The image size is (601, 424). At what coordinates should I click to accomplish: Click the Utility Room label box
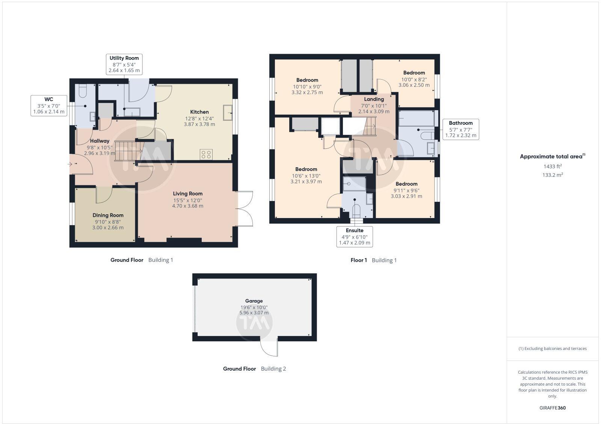point(124,64)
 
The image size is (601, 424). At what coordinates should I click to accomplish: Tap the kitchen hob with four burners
point(206,154)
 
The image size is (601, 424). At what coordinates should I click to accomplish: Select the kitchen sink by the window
point(228,112)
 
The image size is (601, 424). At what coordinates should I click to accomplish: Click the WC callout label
point(49,105)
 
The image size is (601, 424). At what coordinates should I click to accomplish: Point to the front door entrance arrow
point(70,164)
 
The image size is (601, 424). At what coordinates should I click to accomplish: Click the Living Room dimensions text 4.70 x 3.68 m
point(187,206)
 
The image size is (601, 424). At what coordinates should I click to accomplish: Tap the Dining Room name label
point(108,215)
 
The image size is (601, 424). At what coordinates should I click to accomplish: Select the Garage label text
point(254,301)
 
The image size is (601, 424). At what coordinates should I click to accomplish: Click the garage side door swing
point(269,347)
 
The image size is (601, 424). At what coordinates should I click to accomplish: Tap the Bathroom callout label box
point(461,129)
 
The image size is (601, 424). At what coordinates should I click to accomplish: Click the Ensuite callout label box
point(355,236)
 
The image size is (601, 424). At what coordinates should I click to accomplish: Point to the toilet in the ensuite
point(356,211)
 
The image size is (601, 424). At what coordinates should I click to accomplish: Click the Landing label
point(374,99)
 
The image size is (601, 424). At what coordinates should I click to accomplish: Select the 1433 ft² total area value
point(553,166)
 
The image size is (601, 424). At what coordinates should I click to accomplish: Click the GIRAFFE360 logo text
point(553,408)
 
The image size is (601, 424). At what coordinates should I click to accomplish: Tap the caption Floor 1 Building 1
point(373,260)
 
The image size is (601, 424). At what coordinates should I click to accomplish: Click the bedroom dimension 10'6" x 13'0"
point(306,176)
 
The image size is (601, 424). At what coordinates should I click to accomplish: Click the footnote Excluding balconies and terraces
point(553,348)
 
